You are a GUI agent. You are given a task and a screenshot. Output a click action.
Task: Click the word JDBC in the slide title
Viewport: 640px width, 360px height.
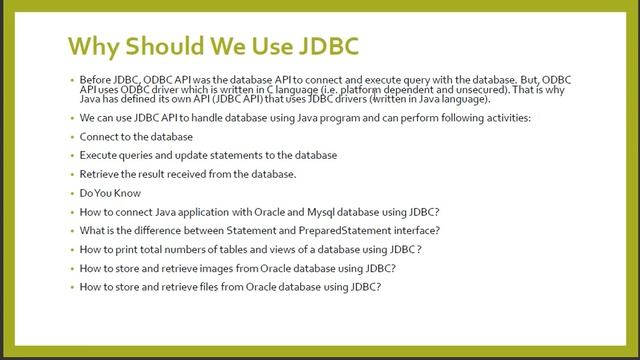(321, 46)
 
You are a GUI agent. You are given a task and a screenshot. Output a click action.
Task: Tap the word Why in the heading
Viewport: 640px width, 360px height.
(95, 46)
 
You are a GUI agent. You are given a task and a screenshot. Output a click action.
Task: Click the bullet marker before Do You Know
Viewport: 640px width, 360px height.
(72, 193)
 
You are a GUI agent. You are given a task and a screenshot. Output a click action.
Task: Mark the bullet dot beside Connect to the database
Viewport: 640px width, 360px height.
(72, 137)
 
